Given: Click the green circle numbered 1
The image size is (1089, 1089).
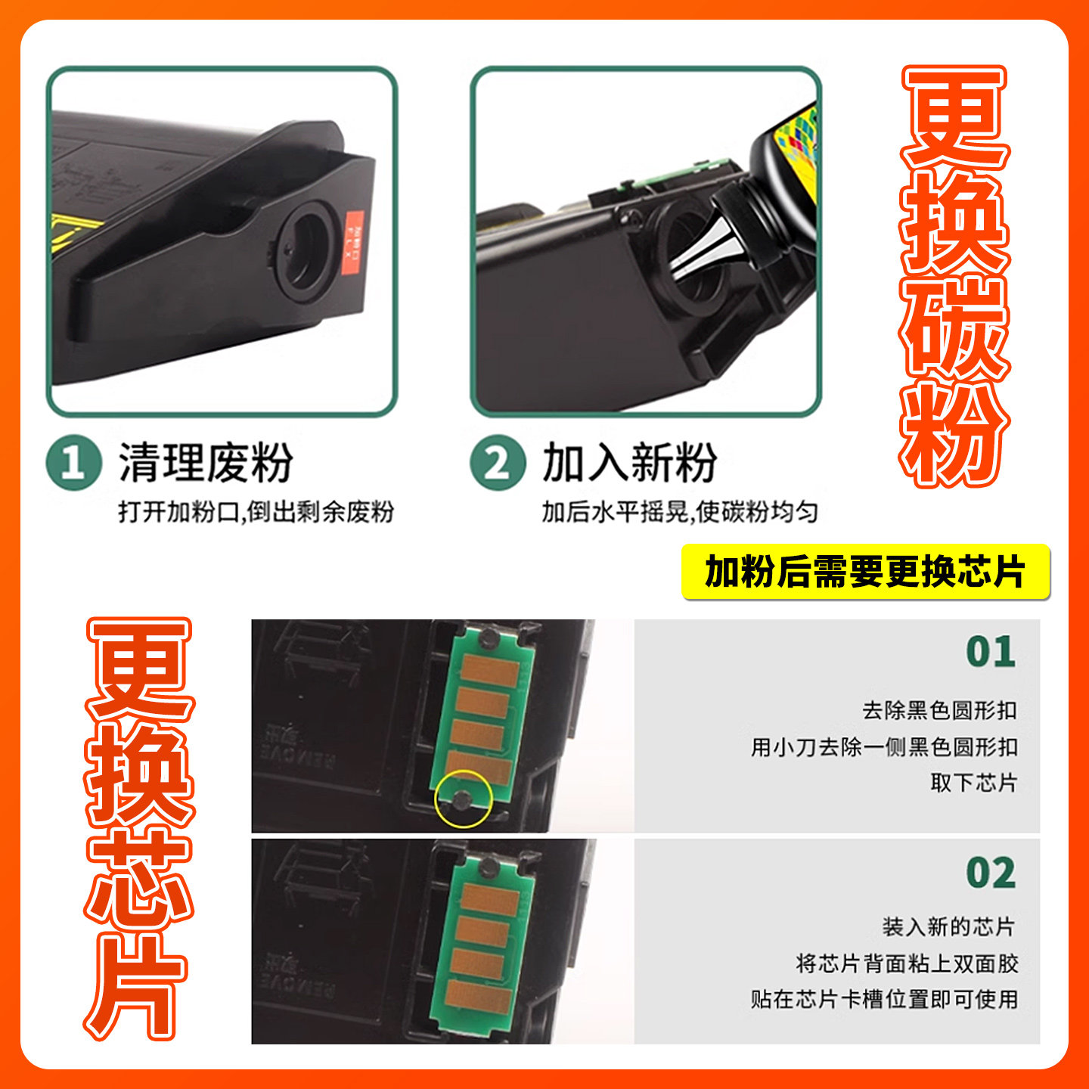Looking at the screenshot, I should click(73, 462).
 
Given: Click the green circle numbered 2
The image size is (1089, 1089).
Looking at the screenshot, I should click(497, 462).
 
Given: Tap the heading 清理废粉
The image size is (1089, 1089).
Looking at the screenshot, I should click(206, 462).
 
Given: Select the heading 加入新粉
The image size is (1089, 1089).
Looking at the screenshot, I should click(629, 462).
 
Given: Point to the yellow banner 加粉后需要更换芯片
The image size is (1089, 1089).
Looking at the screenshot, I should click(865, 572).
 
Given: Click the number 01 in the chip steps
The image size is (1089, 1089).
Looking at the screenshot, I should click(991, 652).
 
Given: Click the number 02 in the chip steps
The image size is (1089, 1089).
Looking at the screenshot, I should click(991, 873).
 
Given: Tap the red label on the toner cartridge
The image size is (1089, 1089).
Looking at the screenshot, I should click(353, 236).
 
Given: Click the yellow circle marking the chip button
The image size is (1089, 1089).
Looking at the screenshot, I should click(464, 798).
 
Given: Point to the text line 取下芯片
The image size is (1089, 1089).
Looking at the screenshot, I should click(974, 783).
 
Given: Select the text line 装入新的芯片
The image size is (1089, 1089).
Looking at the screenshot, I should click(948, 926).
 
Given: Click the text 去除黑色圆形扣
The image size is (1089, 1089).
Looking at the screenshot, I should click(939, 711).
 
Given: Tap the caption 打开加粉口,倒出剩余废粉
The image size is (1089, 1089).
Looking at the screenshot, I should click(256, 512).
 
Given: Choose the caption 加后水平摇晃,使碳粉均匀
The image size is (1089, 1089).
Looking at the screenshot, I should click(679, 512).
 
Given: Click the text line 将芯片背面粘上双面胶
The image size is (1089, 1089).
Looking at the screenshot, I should click(907, 963).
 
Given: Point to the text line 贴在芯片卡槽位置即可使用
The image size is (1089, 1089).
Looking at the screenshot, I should click(884, 999).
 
